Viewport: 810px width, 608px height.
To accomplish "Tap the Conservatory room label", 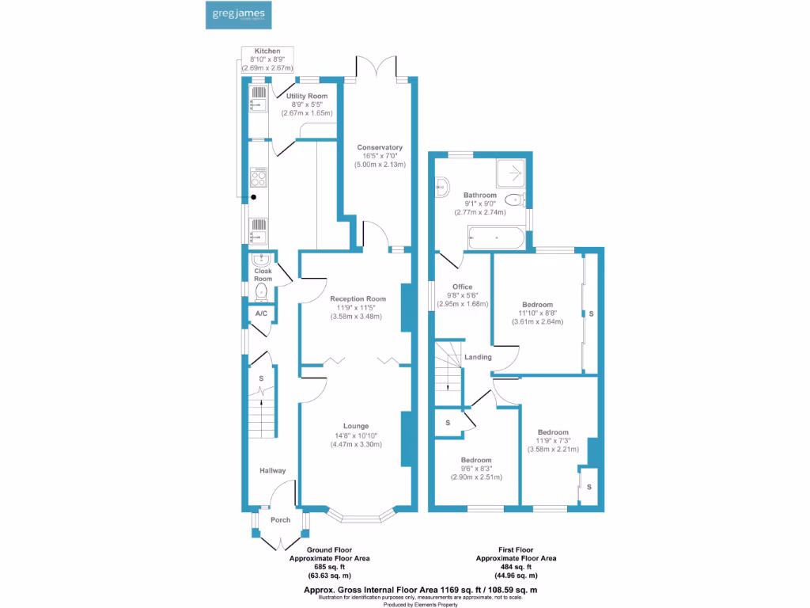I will pos(380,147).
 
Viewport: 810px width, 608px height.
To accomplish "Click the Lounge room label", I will pos(356,426).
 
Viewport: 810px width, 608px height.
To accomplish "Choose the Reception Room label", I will pos(358,298).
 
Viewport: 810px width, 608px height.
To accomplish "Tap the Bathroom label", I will pos(480,195).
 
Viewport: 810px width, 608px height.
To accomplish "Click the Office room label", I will pos(462,287).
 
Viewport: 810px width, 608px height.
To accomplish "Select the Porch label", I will pos(281,520).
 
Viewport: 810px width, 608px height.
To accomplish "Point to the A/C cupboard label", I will pos(261,314).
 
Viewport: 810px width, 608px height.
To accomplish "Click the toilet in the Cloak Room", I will pos(262,292).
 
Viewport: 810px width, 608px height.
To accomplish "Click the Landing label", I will pos(479,357).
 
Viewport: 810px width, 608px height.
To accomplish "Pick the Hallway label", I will pos(273,470).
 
